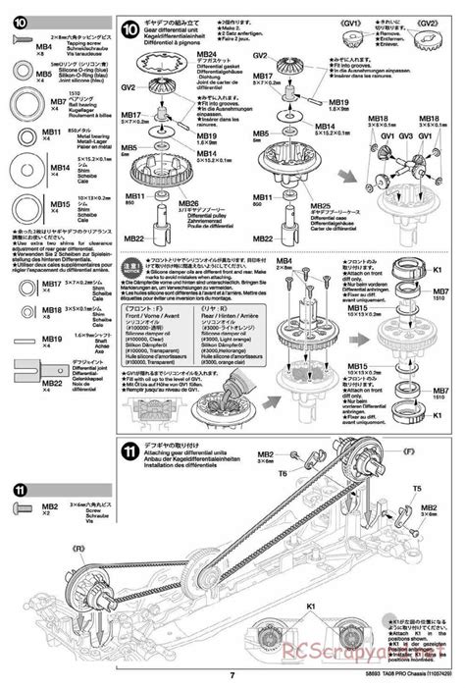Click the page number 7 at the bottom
click(x=231, y=674)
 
